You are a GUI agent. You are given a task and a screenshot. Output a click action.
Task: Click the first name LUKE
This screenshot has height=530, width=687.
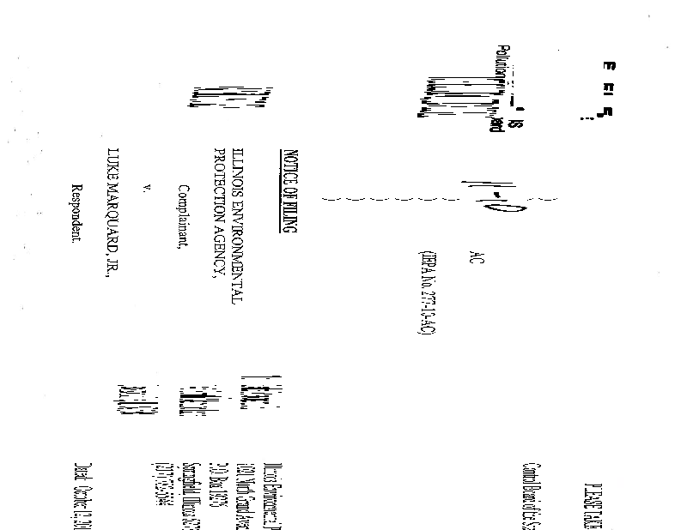click(x=110, y=163)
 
